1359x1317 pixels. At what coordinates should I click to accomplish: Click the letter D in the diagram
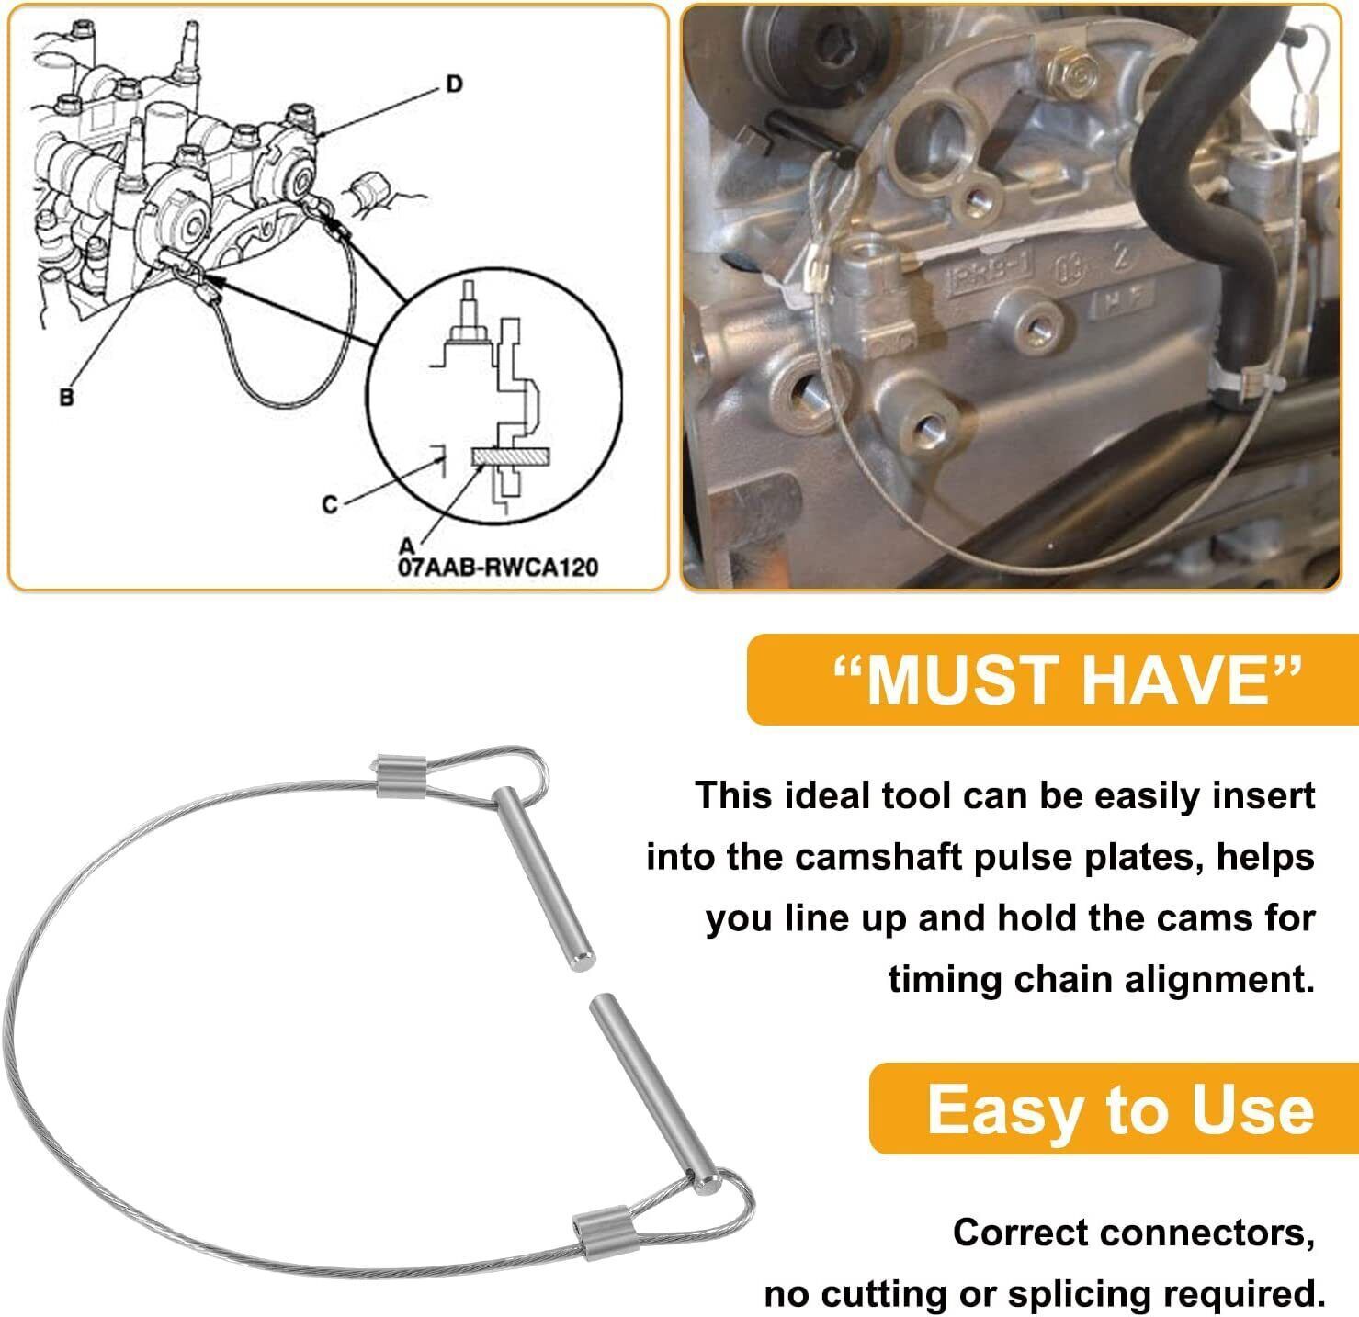pos(455,84)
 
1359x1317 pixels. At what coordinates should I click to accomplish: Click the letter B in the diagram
pos(66,398)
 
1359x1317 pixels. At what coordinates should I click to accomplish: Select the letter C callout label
pos(330,504)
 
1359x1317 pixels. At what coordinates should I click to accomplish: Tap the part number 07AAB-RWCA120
pos(498,567)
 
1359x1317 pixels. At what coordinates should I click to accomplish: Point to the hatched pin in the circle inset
pos(511,457)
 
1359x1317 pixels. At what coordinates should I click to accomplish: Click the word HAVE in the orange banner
pos(1183,681)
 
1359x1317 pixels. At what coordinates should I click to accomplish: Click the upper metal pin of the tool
pos(544,879)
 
